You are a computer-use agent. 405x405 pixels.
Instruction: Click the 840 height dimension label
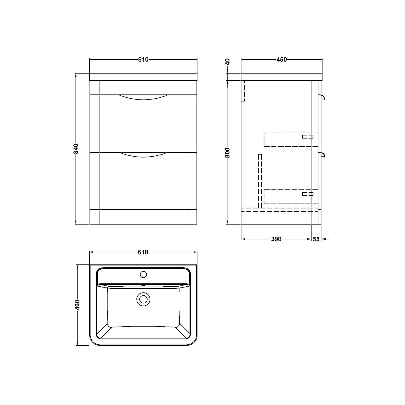[x=76, y=149]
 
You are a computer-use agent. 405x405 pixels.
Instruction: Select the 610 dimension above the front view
[x=143, y=60]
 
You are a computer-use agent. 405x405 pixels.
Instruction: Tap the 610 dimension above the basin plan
[x=143, y=252]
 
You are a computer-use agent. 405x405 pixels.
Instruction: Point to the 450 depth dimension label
[x=281, y=60]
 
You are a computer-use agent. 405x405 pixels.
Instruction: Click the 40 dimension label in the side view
[x=228, y=62]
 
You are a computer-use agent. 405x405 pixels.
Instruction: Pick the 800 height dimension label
[x=228, y=153]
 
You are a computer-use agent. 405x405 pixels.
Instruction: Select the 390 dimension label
[x=276, y=239]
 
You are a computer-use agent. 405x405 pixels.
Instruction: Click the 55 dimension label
[x=316, y=239]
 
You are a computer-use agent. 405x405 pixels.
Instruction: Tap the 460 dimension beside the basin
[x=77, y=305]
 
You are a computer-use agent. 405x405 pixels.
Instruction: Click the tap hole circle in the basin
[x=143, y=274]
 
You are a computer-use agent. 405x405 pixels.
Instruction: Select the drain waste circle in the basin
[x=143, y=299]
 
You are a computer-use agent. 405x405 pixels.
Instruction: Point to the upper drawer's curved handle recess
[x=143, y=97]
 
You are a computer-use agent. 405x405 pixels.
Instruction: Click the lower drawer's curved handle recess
[x=143, y=155]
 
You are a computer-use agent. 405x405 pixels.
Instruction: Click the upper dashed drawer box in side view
[x=290, y=139]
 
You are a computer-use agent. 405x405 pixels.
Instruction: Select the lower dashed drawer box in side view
[x=290, y=197]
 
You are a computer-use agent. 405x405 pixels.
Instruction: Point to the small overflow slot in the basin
[x=143, y=285]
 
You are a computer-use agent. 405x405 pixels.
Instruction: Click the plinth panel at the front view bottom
[x=143, y=217]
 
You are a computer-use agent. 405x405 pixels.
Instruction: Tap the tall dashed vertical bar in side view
[x=260, y=181]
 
